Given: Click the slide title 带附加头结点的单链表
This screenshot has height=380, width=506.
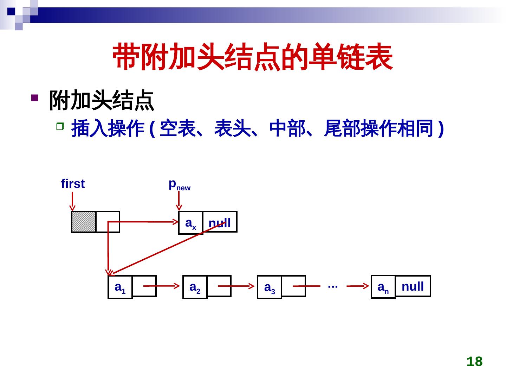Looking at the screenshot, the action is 252,57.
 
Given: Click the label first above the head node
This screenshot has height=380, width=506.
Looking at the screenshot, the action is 73,184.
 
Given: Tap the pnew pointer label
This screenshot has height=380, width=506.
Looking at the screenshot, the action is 179,184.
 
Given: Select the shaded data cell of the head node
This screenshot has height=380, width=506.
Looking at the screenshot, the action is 84,222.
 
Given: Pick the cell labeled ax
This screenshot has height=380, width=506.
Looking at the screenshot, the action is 191,223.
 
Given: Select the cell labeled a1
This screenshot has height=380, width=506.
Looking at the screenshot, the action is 120,287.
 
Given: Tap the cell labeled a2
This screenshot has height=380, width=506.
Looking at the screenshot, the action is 195,287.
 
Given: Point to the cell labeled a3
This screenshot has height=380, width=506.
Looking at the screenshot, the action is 270,287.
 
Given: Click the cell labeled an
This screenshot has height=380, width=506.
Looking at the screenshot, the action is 383,287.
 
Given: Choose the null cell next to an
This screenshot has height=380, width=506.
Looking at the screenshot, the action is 413,286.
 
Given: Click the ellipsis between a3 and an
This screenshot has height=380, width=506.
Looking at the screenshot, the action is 332,286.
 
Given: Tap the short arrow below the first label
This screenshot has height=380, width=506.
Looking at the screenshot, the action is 72,201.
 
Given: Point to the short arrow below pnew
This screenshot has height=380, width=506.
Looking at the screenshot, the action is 179,202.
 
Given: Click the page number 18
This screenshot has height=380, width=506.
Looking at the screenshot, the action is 474,361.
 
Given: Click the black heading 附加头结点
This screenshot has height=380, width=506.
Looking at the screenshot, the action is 102,101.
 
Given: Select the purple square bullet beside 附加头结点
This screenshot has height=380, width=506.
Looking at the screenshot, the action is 34,97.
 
